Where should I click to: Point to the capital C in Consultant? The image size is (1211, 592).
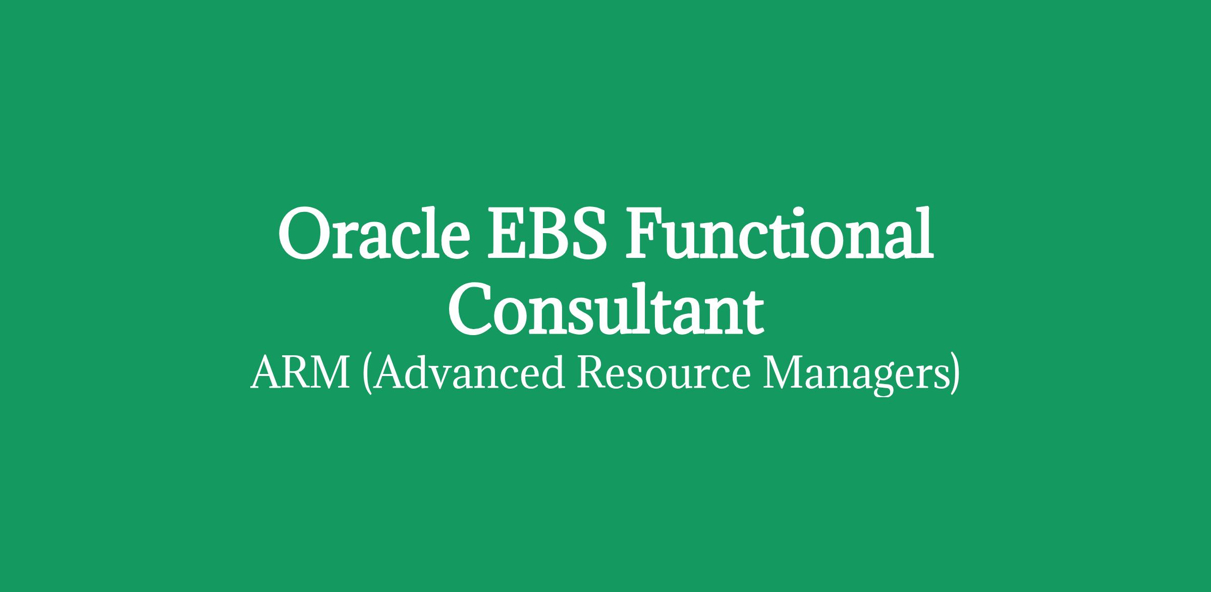pyautogui.click(x=470, y=311)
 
